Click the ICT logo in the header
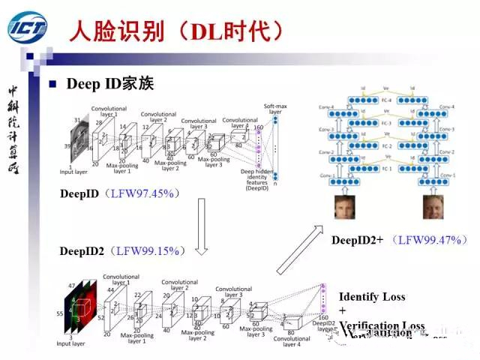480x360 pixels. pyautogui.click(x=28, y=28)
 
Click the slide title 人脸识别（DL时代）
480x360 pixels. pyautogui.click(x=176, y=30)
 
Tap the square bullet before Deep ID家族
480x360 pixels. pyautogui.click(x=53, y=84)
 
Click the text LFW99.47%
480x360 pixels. pyautogui.click(x=433, y=240)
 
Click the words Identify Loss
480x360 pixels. pyautogui.click(x=372, y=296)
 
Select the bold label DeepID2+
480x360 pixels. pyautogui.click(x=358, y=240)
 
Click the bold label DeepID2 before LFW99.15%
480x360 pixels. pyautogui.click(x=82, y=250)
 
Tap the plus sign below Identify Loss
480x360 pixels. pyautogui.click(x=343, y=310)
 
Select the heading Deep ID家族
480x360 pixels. pyautogui.click(x=110, y=84)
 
